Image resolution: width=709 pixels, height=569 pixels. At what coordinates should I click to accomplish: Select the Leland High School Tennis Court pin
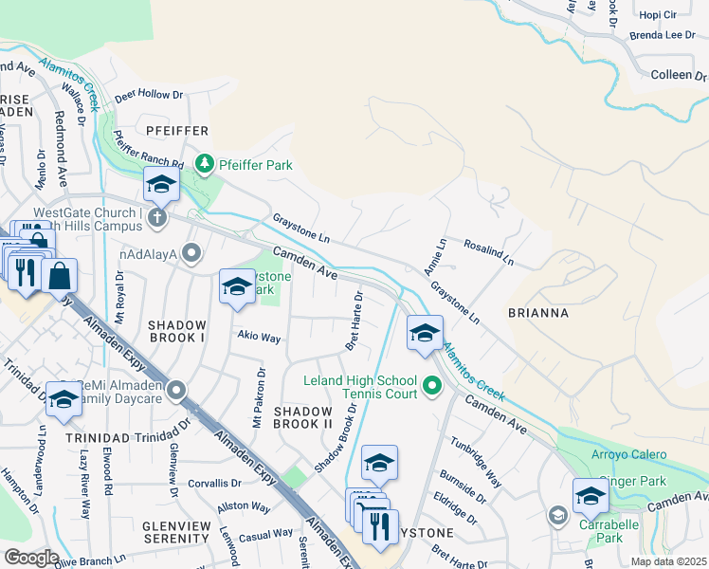coord(433,386)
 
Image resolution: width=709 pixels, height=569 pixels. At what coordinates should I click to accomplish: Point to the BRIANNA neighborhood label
coord(536,312)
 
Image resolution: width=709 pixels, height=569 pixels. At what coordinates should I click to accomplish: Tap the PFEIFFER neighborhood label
coord(176,129)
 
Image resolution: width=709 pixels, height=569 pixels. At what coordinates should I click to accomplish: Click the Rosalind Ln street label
coord(488,251)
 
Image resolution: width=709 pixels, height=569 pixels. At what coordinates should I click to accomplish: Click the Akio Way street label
coord(258,338)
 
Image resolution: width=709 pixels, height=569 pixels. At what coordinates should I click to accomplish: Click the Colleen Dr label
coord(679,75)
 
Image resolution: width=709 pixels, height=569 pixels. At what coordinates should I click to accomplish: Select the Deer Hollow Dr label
coord(148,96)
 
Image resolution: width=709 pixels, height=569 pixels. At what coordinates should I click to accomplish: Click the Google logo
coord(30,557)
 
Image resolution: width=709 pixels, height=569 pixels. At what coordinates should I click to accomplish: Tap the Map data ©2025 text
coord(667,561)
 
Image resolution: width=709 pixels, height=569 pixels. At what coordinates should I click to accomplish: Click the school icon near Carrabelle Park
coord(591,495)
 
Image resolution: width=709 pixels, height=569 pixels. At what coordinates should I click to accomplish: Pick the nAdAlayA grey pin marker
coord(192,252)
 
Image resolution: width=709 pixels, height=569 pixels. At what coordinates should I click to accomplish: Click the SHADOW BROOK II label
coord(309,416)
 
